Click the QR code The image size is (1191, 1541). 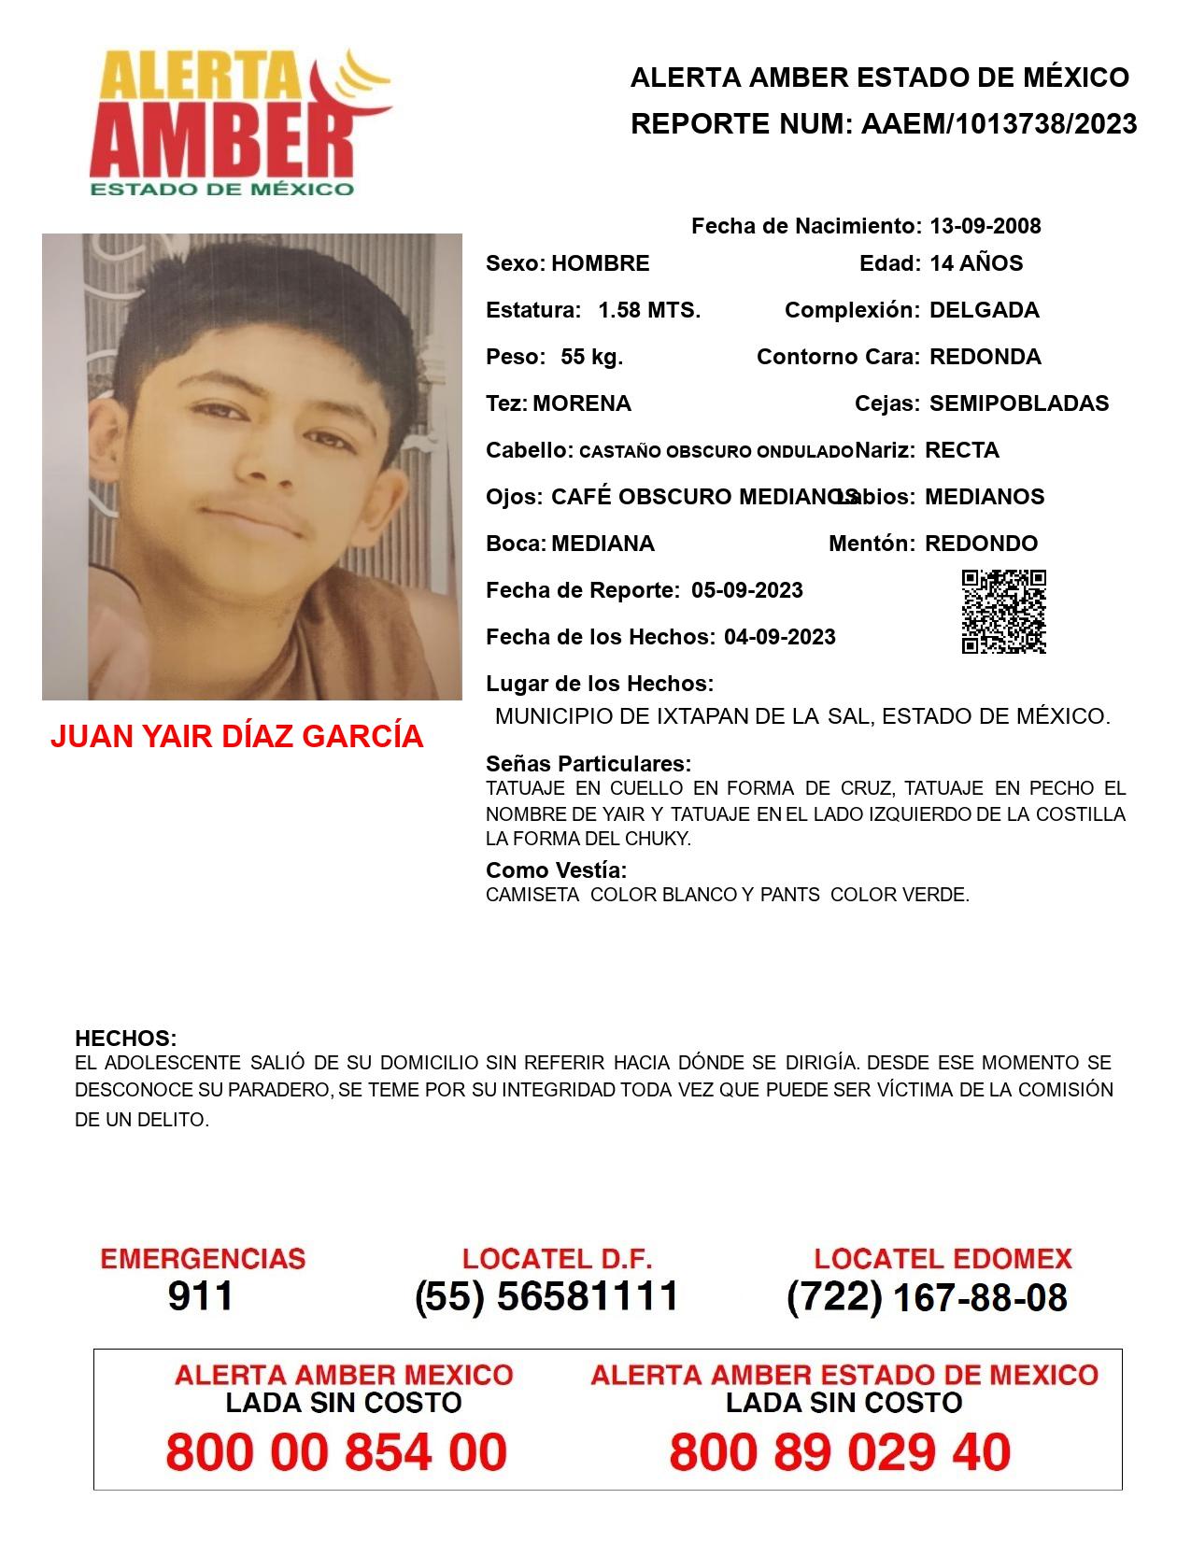point(1003,612)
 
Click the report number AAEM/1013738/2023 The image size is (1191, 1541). point(999,124)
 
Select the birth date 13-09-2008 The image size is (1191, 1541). point(985,226)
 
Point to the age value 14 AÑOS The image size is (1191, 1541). point(976,263)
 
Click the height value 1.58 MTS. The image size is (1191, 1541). point(649,310)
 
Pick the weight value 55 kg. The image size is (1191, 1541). point(591,357)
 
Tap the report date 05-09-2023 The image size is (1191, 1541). point(747,590)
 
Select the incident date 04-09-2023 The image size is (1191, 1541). point(780,637)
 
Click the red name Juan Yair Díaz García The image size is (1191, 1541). point(236,737)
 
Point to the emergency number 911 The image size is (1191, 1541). point(201,1296)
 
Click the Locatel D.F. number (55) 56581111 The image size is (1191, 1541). point(547,1296)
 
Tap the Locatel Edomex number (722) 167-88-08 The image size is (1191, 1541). point(927,1297)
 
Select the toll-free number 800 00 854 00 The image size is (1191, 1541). point(336,1453)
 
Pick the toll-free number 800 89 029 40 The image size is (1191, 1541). point(840,1453)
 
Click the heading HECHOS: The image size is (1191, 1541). point(125,1039)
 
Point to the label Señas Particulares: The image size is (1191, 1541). point(588,764)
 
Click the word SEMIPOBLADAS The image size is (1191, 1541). point(1019,403)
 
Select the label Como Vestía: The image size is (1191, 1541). point(556,870)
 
